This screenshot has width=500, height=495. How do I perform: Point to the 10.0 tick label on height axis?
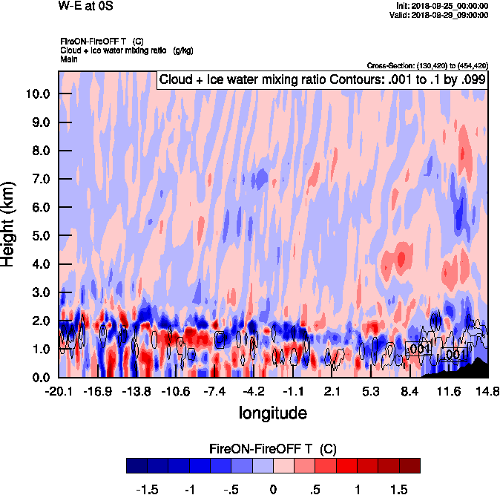coord(39,94)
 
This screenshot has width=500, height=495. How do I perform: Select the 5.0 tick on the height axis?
coord(40,236)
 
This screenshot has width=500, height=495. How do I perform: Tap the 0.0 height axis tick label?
coord(40,378)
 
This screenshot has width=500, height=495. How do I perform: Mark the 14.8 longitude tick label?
coord(487,391)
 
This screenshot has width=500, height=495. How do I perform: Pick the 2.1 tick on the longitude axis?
coord(332,391)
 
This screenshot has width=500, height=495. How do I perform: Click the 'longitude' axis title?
coord(272,412)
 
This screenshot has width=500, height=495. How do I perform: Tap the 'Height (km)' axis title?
coord(9,223)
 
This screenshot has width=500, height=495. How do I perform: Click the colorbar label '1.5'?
coord(399,489)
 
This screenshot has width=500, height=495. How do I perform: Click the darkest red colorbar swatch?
coord(409,465)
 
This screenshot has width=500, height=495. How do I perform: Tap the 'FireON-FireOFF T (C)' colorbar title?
coord(272,449)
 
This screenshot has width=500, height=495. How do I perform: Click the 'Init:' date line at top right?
coord(443,6)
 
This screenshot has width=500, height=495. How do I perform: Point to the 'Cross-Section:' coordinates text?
coord(427,65)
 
